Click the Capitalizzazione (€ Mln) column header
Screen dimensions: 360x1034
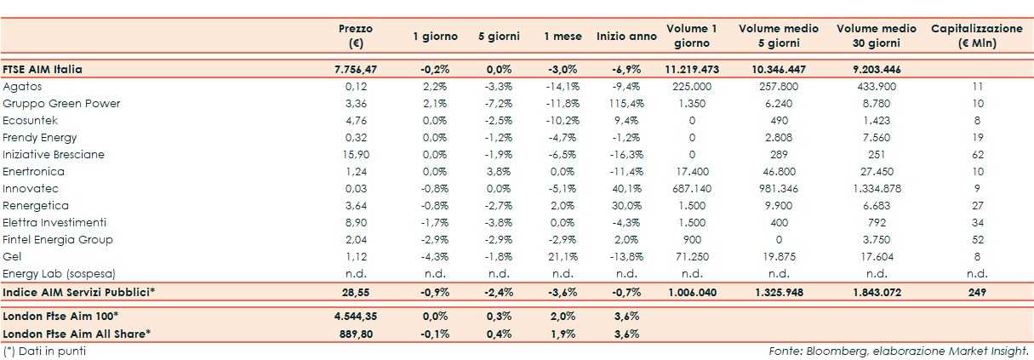click(x=976, y=36)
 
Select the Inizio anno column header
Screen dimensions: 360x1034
click(x=626, y=37)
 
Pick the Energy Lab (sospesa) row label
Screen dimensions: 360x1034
click(x=59, y=274)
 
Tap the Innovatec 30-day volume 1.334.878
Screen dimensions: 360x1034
click(x=876, y=189)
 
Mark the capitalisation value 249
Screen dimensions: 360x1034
click(x=976, y=292)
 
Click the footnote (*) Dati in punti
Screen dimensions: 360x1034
click(x=44, y=351)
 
